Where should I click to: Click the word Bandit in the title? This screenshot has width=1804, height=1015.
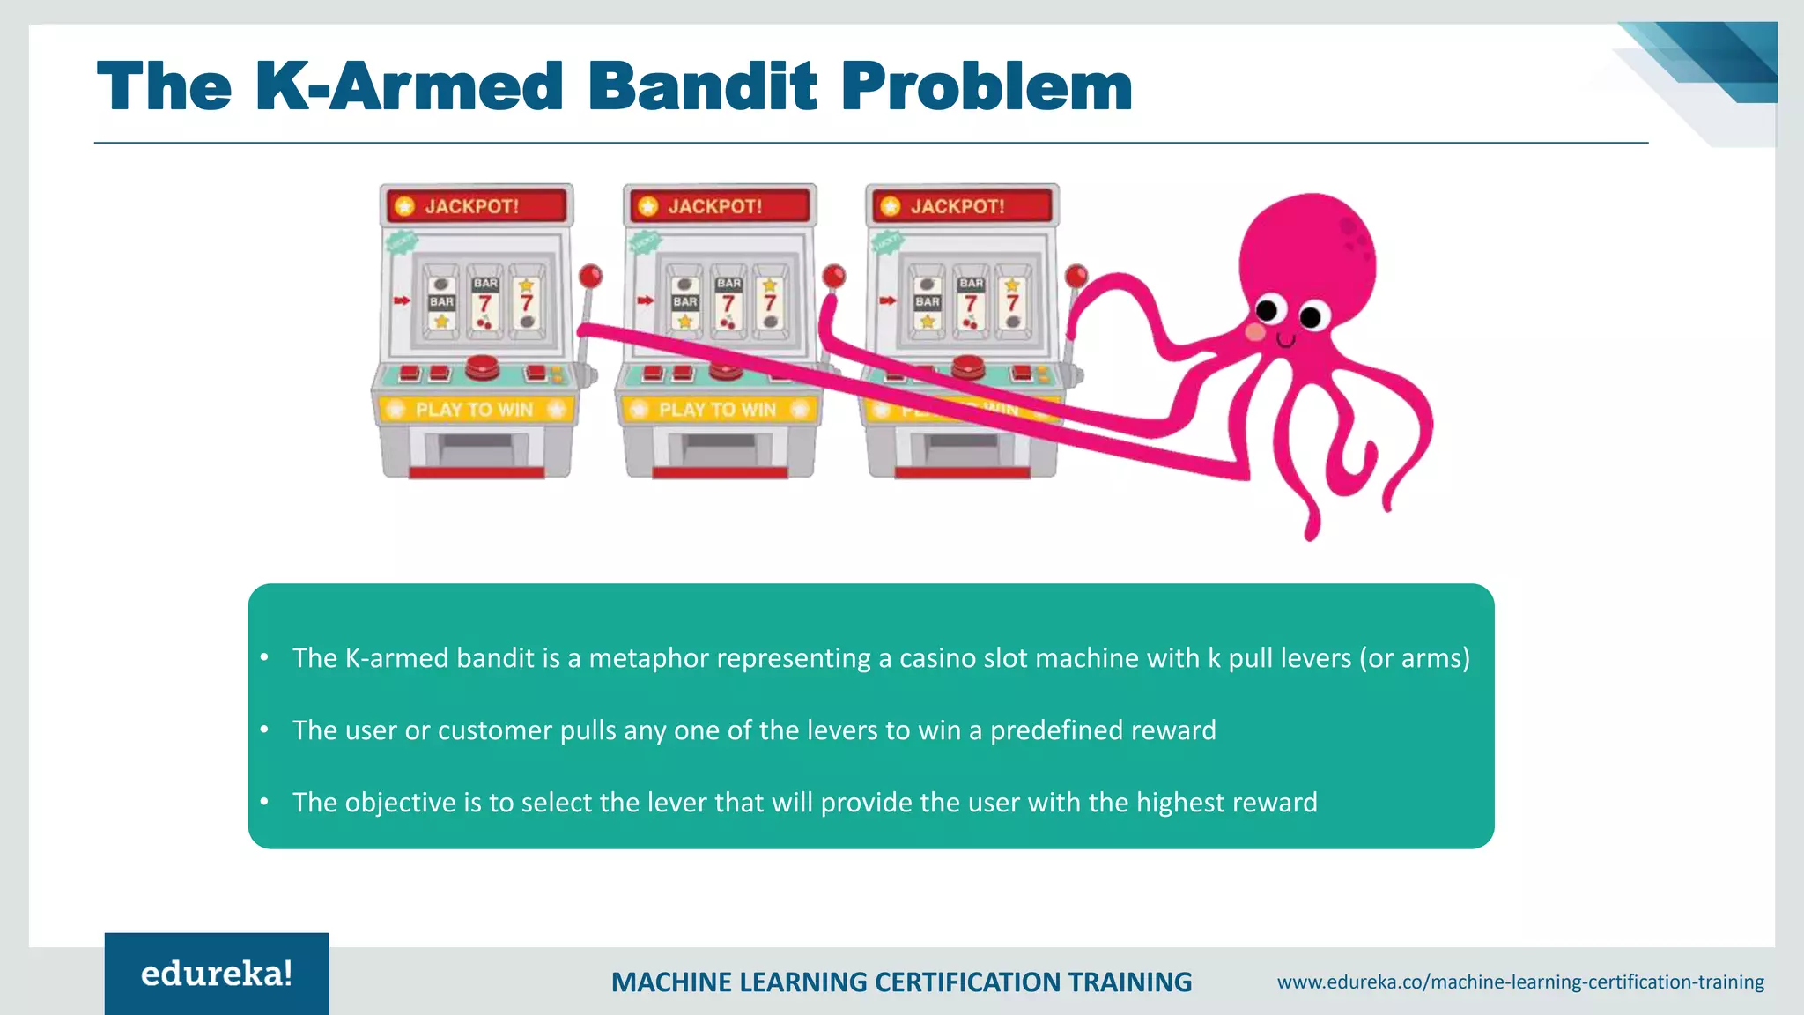tap(702, 86)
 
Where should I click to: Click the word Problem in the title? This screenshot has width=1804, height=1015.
tap(987, 86)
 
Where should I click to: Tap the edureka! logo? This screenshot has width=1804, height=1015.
tap(217, 974)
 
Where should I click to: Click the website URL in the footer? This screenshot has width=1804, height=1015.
tap(1520, 982)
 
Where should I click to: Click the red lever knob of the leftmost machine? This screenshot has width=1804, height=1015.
tap(590, 277)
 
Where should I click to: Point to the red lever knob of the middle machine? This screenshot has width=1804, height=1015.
tap(833, 277)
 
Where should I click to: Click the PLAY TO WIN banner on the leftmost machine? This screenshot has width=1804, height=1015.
tap(475, 410)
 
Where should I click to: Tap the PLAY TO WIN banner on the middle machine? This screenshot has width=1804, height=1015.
tap(717, 410)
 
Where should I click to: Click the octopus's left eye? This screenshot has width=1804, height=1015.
tap(1267, 310)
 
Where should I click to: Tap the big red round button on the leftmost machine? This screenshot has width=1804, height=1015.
tap(482, 364)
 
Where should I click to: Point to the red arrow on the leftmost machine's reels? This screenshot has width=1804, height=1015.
tap(402, 301)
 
